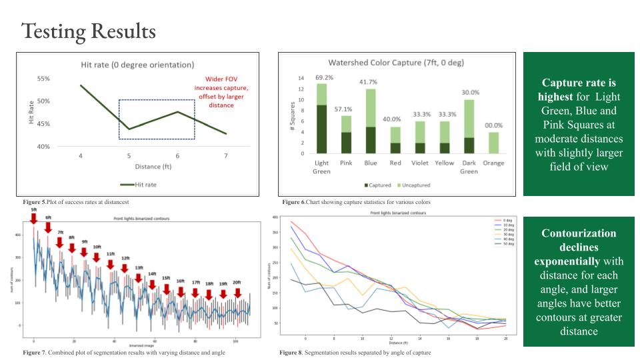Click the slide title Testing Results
tap(89, 31)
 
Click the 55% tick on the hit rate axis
tap(43, 79)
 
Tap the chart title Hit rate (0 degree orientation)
tap(137, 65)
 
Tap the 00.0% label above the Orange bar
tap(494, 125)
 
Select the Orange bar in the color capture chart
tap(494, 143)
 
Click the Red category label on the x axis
tap(395, 163)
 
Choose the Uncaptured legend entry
tap(415, 185)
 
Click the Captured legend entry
tap(379, 185)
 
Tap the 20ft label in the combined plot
tap(237, 283)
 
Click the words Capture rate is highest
tap(579, 90)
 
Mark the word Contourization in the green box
tap(579, 233)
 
